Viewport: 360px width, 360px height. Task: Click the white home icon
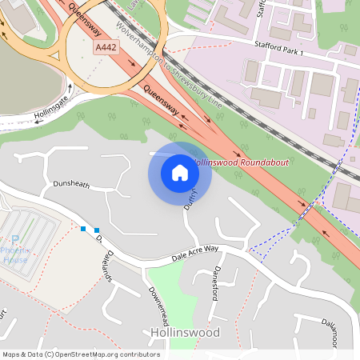click(180, 172)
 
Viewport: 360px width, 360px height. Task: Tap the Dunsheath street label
click(71, 185)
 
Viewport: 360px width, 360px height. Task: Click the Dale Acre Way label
click(195, 254)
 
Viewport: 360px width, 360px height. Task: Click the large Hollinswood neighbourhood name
click(185, 332)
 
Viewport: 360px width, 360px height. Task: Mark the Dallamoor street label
click(339, 332)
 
